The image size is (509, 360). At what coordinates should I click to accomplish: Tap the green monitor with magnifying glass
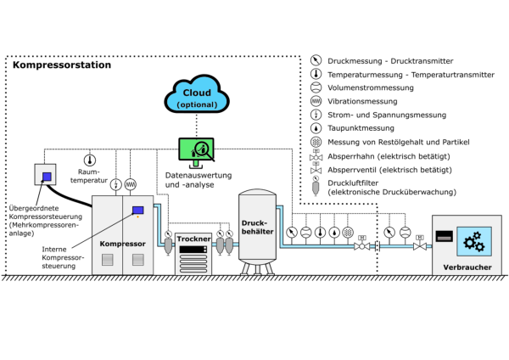point(196,149)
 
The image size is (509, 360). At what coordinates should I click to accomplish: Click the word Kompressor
point(122,244)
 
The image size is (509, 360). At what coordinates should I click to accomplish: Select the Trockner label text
point(193,239)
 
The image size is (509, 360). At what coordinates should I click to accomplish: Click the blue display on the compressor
point(137,210)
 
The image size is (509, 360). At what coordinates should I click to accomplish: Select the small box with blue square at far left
point(45,175)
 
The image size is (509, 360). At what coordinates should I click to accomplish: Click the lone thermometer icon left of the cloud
point(90,160)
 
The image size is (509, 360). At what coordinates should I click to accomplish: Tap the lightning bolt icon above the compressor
point(116,184)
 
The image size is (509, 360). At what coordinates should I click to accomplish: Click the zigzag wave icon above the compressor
point(131,184)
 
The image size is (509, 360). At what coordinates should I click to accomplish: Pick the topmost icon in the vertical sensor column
point(316,59)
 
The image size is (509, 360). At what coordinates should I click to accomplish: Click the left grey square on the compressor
point(108,261)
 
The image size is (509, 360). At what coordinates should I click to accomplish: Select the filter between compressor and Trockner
point(168,244)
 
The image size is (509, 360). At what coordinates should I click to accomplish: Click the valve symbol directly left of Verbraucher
point(419,245)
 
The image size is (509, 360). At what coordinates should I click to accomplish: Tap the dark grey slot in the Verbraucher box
point(444,235)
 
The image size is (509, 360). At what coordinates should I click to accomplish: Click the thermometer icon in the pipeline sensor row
point(320,232)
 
